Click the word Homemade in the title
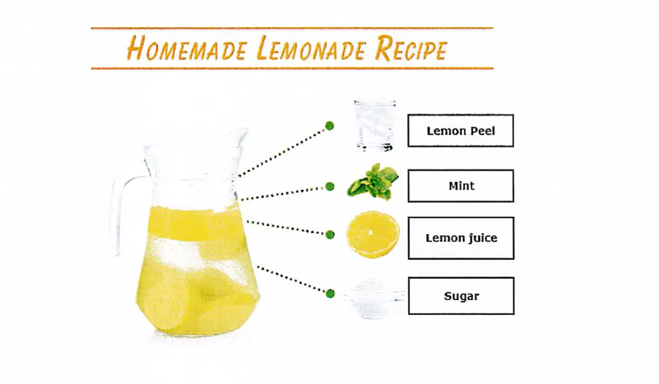coord(186,48)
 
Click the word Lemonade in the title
coord(312,48)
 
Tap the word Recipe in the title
coord(411,48)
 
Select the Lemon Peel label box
coord(460,130)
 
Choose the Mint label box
coord(460,186)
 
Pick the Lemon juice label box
coord(461,238)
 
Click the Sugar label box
coord(461,296)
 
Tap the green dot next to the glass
coord(330,126)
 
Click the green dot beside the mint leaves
coord(330,186)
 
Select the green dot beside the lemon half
coord(330,235)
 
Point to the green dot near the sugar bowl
coord(331,293)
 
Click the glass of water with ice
coord(374,125)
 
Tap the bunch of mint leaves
coord(373,182)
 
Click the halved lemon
coord(373,235)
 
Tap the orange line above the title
coord(291,28)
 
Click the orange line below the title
coord(292,68)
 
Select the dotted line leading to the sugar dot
coord(291,279)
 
